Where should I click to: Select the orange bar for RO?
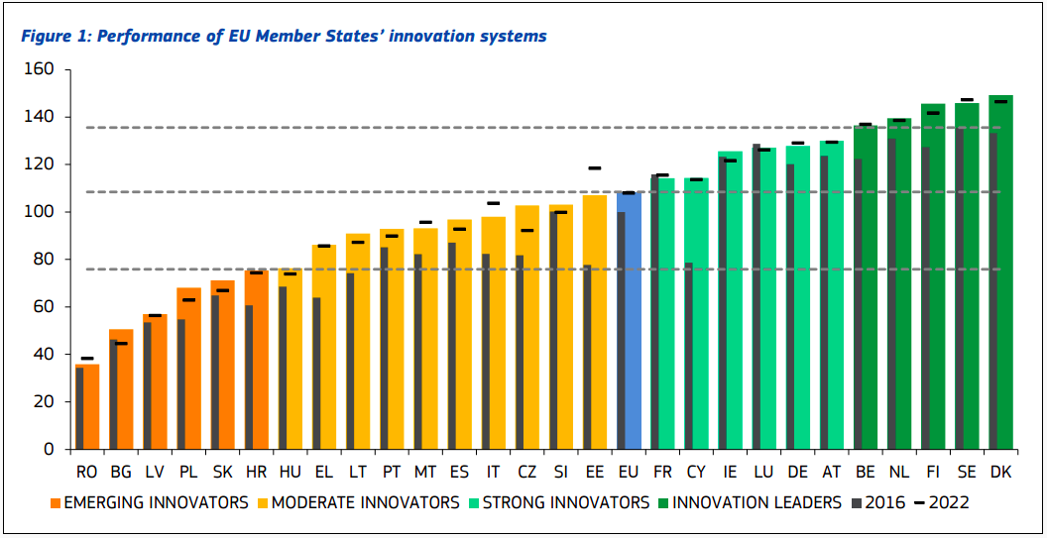click(x=87, y=406)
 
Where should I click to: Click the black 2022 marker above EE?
click(x=595, y=168)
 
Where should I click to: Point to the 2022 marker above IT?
click(x=493, y=203)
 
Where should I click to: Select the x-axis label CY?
click(x=696, y=472)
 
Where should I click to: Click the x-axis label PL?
click(x=188, y=472)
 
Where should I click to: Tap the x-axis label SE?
click(x=967, y=472)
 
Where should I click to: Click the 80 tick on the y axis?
click(x=42, y=260)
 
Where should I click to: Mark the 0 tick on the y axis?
click(x=46, y=449)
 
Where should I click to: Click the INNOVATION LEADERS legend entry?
click(x=755, y=503)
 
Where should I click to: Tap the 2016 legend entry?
click(x=884, y=503)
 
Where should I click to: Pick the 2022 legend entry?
click(x=948, y=503)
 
